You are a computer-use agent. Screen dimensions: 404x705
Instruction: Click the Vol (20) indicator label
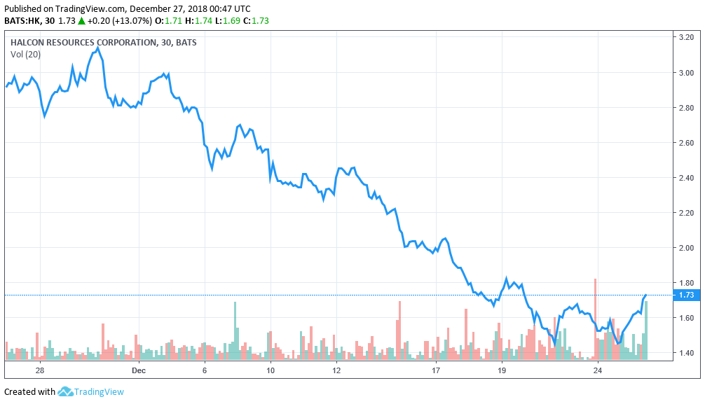26,55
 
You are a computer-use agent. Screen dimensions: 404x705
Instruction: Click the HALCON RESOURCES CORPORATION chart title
83,43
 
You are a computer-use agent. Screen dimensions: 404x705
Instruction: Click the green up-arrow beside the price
82,20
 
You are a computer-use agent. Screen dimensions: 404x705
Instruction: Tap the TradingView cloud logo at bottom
66,391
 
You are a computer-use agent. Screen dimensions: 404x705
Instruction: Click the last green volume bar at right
646,330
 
